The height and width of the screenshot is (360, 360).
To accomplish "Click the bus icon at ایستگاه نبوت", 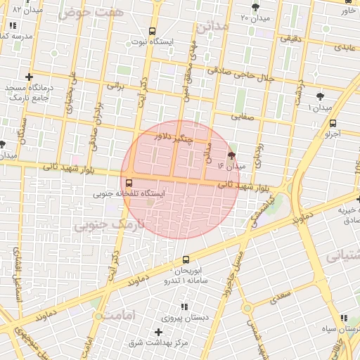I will pos(153,32).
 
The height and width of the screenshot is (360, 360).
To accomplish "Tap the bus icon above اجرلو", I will pos(333,123).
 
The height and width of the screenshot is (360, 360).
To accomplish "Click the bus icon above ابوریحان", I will pos(186,259).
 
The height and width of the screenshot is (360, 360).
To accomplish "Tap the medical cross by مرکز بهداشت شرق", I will pos(159,332).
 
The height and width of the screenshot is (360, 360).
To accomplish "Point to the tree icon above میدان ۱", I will pos(321,96).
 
